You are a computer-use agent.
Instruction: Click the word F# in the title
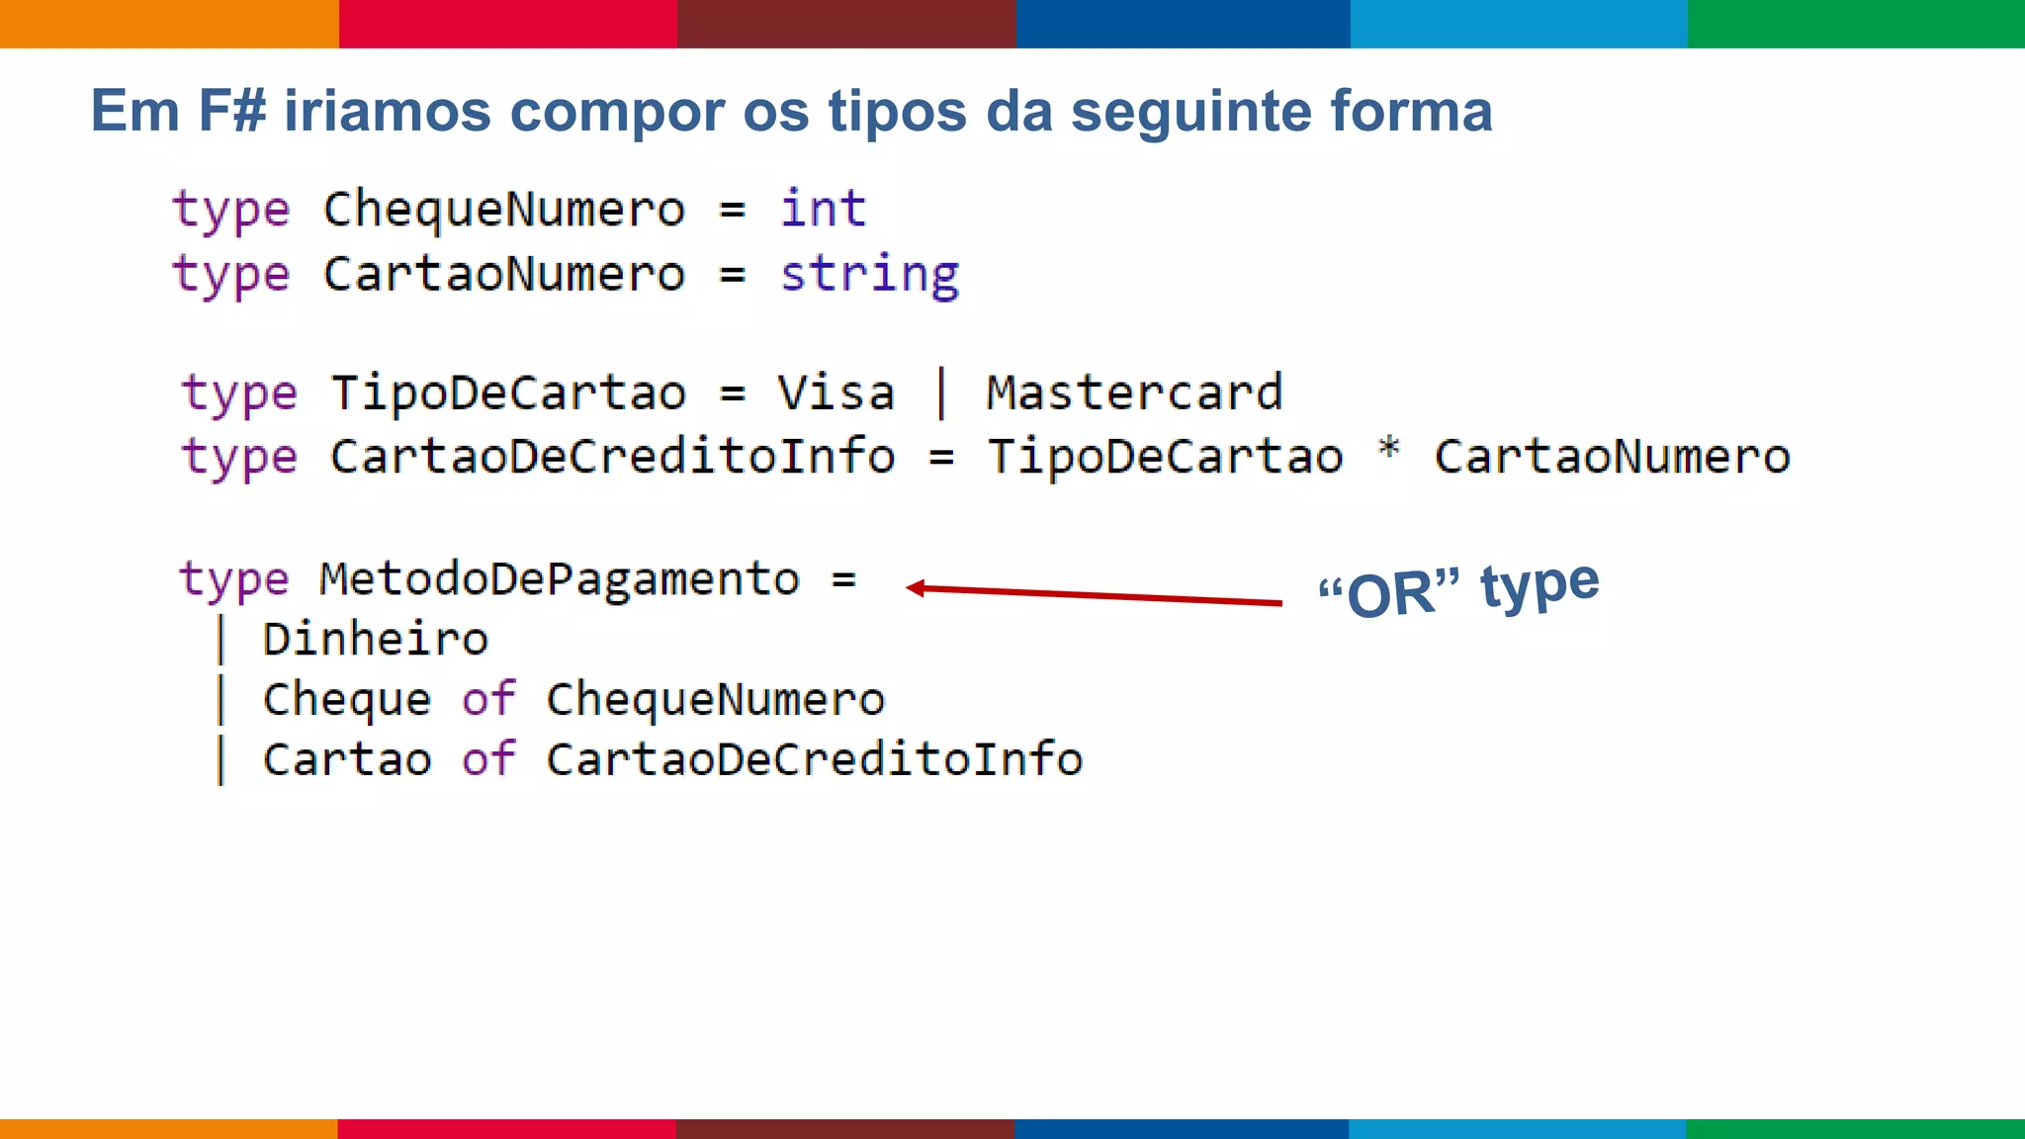232,111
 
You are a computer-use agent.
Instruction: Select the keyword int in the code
823,210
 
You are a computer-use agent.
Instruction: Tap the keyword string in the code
869,275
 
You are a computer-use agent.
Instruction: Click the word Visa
836,394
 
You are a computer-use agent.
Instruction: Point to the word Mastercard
1134,394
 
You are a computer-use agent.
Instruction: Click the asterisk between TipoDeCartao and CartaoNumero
1389,450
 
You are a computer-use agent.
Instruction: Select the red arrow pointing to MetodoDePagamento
1093,594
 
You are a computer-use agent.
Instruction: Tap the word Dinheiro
376,640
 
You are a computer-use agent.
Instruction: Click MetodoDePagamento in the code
559,579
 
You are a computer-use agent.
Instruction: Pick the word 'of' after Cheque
488,699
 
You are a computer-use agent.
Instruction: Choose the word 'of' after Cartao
488,759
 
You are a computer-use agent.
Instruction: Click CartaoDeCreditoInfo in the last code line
814,759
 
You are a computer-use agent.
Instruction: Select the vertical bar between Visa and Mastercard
941,394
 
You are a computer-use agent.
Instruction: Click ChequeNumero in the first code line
504,210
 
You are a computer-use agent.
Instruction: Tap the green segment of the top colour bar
1856,24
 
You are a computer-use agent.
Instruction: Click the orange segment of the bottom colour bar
168,1128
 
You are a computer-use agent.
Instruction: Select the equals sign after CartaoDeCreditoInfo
941,458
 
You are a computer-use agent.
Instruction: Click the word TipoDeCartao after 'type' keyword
508,394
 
